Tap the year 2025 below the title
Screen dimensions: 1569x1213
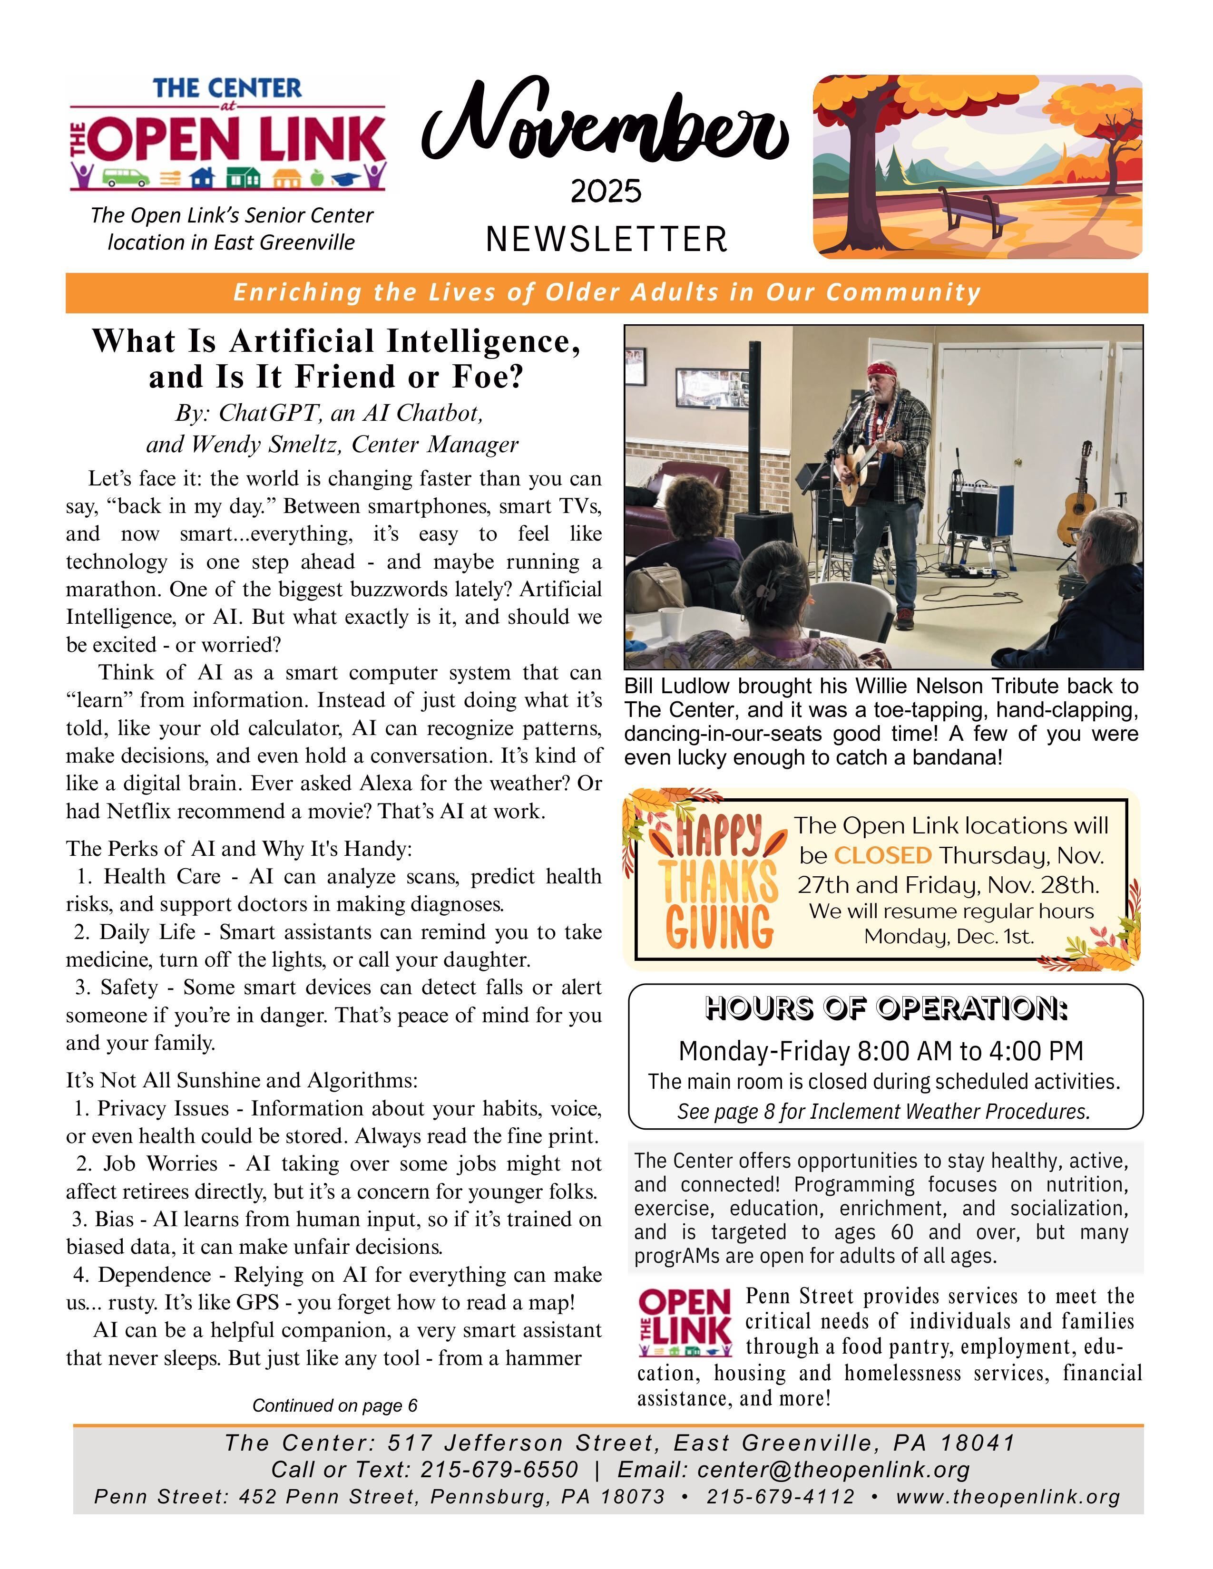pos(606,192)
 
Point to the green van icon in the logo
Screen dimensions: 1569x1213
pos(125,176)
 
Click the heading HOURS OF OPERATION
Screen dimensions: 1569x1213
pos(886,1008)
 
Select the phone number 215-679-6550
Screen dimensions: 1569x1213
pos(499,1469)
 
